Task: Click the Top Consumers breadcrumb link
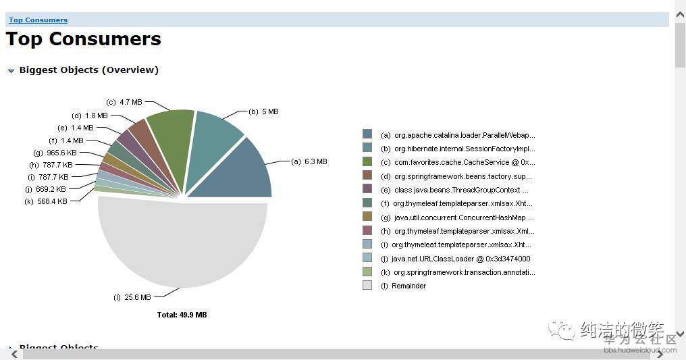click(38, 20)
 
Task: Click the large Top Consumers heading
click(84, 39)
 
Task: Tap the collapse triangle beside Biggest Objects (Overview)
click(11, 70)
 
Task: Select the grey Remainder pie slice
click(182, 243)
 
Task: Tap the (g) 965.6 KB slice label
click(55, 153)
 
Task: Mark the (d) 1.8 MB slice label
click(89, 115)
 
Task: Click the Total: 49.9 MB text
click(182, 315)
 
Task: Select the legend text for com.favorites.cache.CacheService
click(457, 162)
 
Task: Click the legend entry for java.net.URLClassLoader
click(455, 259)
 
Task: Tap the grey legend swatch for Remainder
click(367, 286)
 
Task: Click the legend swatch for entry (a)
click(367, 134)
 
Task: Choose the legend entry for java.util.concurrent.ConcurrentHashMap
click(457, 217)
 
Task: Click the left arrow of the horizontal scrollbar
click(14, 355)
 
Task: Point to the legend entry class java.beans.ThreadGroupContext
click(454, 190)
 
